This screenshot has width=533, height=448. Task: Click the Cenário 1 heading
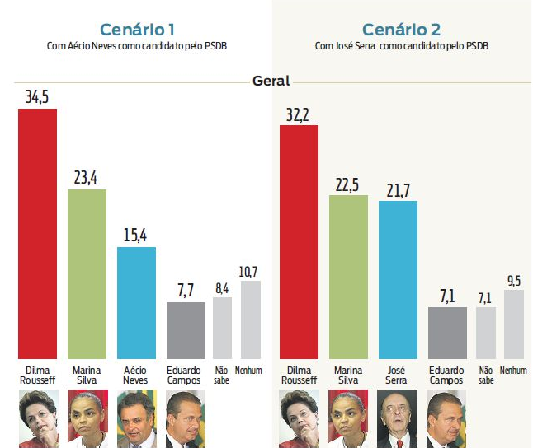click(136, 30)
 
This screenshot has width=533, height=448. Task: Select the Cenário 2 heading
click(401, 30)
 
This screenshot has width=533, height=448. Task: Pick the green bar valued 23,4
click(87, 273)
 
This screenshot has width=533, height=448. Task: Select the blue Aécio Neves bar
click(136, 302)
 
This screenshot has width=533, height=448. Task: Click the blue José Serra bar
click(398, 279)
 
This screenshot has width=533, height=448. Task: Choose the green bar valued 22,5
click(348, 276)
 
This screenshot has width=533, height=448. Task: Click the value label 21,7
click(398, 190)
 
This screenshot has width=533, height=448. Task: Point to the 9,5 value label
click(513, 280)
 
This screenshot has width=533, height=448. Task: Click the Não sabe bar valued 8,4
click(222, 328)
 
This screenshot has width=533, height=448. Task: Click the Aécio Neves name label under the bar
click(136, 376)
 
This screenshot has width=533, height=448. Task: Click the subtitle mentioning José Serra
click(401, 46)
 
